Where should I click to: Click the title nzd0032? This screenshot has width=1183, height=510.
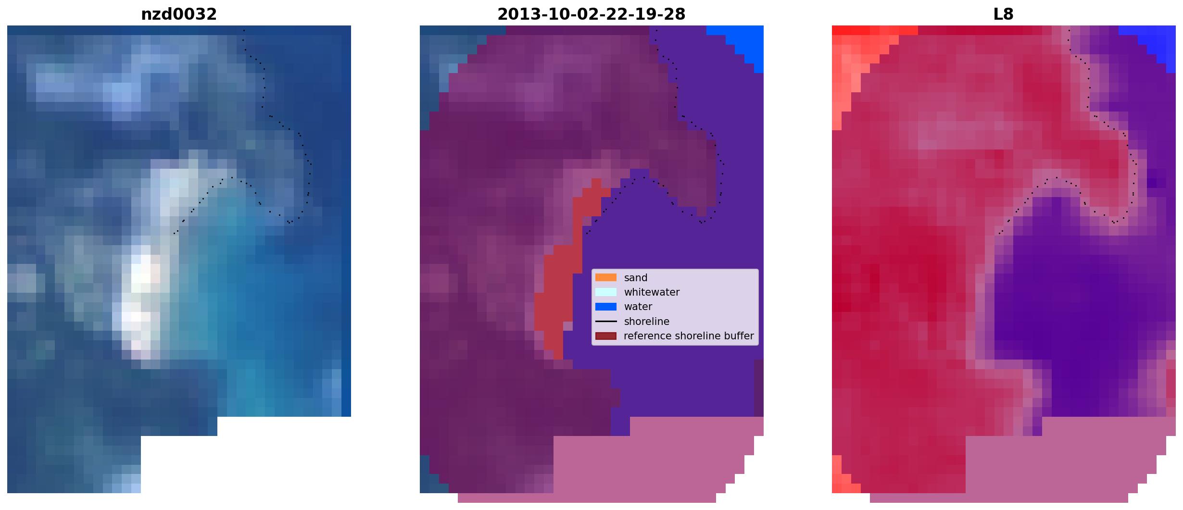pos(179,14)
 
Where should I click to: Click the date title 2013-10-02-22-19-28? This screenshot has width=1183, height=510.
pos(591,14)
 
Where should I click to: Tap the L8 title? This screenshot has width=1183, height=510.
pos(1004,14)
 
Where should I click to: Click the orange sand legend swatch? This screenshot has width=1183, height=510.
pos(606,277)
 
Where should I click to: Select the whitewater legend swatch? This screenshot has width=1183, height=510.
pos(606,292)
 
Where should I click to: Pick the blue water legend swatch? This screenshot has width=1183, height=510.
pos(606,307)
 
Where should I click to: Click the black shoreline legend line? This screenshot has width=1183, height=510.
pos(606,321)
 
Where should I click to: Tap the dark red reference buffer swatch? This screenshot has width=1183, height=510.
pos(606,336)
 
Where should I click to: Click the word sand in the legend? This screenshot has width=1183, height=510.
pos(636,278)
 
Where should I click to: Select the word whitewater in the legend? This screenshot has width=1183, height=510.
pos(652,292)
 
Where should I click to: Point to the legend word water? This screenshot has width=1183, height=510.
pos(638,307)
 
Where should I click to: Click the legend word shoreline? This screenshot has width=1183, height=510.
pos(647,322)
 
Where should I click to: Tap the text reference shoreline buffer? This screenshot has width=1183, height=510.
pos(689,336)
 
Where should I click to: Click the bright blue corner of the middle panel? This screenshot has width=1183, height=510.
pos(743,41)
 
